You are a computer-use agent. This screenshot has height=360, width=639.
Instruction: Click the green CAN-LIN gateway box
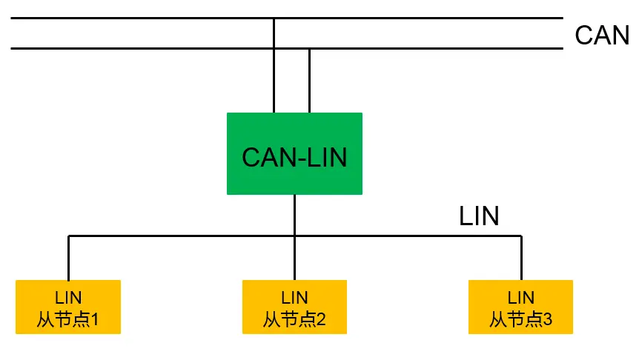[x=294, y=153]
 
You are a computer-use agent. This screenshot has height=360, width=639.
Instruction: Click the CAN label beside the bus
[x=601, y=36]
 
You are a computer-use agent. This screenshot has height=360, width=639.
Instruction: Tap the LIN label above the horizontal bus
[x=479, y=216]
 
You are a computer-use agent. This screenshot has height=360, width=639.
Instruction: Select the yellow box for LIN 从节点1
[x=68, y=307]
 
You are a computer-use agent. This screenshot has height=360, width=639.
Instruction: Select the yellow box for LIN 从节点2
[x=294, y=307]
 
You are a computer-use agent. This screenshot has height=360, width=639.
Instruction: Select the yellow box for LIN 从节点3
[x=520, y=307]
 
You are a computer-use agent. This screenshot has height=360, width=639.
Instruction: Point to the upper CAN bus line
[x=148, y=18]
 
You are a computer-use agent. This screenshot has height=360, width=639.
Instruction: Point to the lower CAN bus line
[x=148, y=49]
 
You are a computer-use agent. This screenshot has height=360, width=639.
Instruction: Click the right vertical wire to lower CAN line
[x=309, y=81]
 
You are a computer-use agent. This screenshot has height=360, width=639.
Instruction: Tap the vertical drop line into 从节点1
[x=69, y=258]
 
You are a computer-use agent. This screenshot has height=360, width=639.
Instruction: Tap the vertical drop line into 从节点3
[x=521, y=258]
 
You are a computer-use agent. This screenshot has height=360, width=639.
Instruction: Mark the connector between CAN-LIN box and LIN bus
[x=294, y=215]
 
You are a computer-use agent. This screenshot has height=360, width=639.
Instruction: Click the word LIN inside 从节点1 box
[x=68, y=298]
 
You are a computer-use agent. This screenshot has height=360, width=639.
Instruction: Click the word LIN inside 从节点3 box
[x=520, y=298]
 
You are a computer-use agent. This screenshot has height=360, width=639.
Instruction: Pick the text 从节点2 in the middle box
[x=294, y=320]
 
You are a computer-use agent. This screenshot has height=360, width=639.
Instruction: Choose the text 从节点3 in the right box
[x=520, y=320]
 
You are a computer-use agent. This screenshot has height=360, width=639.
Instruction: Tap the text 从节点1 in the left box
[x=68, y=320]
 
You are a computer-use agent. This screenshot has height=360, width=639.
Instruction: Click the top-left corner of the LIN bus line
[x=69, y=236]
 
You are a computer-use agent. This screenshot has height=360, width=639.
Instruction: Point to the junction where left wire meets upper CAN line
[x=274, y=18]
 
